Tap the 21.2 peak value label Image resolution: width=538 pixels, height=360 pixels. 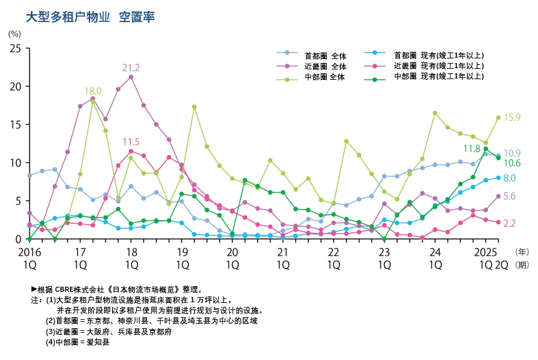[131, 67]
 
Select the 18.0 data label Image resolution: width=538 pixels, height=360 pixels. [93, 91]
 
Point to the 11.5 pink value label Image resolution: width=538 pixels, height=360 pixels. [131, 141]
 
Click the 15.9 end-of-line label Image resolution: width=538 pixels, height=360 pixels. [512, 117]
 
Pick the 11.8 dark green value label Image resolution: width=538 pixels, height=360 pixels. [471, 149]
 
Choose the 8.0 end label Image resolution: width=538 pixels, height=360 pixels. [510, 178]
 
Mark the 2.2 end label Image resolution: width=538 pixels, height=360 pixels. [510, 223]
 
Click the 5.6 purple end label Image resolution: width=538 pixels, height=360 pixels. [510, 197]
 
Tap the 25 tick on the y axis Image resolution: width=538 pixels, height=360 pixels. [16, 49]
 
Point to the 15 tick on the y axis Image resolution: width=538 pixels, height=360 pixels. [16, 125]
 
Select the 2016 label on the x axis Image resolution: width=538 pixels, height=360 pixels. [29, 251]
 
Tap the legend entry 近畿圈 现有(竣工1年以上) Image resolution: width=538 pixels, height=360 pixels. [439, 66]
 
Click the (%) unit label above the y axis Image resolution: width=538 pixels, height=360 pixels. [14, 33]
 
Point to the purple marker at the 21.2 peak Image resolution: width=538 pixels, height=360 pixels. [131, 77]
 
